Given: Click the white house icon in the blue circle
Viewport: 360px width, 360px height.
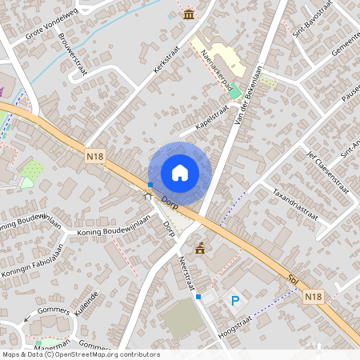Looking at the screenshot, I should click(180, 172).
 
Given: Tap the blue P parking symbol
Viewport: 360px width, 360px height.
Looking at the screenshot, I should click(235, 301).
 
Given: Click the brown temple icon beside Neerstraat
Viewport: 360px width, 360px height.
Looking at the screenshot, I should click(199, 248).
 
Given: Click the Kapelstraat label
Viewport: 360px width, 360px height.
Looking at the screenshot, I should click(214, 120).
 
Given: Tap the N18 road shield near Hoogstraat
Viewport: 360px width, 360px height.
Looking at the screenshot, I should click(314, 296).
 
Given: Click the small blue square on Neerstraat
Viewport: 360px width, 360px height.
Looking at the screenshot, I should click(198, 297).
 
